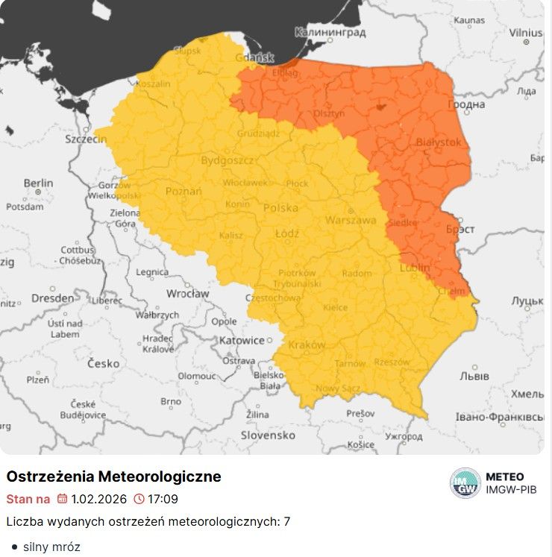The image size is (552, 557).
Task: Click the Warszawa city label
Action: tap(351, 220)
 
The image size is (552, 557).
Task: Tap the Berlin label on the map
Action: tap(38, 183)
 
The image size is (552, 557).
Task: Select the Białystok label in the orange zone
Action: tap(438, 142)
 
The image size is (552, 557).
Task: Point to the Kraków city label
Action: tap(306, 345)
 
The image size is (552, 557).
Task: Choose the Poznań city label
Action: tap(184, 192)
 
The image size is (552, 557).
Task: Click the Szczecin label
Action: tap(86, 139)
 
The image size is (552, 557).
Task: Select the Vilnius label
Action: tap(526, 33)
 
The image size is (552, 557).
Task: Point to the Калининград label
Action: tap(330, 33)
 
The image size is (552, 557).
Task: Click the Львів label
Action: tap(474, 376)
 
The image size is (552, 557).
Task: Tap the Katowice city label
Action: tap(242, 340)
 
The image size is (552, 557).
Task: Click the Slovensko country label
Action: tap(268, 435)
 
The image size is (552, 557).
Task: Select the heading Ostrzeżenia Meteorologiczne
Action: tap(113, 476)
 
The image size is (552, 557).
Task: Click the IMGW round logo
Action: tap(465, 483)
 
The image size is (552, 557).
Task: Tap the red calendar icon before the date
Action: tap(62, 499)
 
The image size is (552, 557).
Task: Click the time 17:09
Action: tap(163, 499)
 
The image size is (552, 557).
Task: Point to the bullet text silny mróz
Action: tap(51, 547)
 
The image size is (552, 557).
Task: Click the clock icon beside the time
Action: tap(139, 499)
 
